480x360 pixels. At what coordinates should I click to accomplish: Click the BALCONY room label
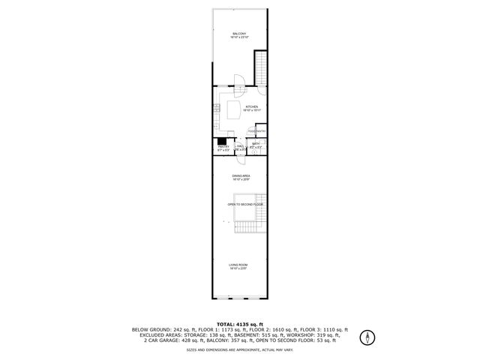click(239, 34)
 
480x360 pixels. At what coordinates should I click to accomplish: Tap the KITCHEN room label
click(251, 106)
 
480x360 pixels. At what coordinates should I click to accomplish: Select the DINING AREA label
click(240, 176)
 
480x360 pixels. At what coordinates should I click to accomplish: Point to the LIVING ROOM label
click(238, 265)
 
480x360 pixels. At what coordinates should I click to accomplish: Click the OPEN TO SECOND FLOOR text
click(246, 204)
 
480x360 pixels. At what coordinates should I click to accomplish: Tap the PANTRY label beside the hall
click(223, 147)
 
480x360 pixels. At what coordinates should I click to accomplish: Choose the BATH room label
click(255, 144)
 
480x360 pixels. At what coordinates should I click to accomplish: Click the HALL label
click(239, 147)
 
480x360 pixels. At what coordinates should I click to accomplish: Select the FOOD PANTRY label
click(256, 130)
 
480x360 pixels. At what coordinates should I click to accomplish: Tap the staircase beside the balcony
click(260, 67)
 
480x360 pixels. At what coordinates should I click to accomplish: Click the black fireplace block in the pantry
click(222, 140)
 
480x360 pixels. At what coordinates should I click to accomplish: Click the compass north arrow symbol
click(367, 337)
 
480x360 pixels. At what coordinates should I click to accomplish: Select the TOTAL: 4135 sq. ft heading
click(239, 323)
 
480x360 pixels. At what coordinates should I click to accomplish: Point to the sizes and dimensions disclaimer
click(239, 349)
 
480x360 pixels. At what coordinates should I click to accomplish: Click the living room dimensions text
click(238, 268)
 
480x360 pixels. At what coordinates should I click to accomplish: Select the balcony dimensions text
click(239, 38)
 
